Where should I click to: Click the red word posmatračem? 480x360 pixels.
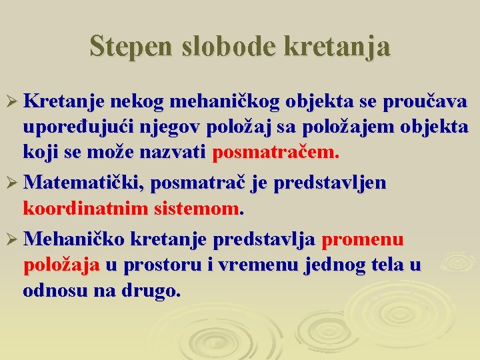tap(275, 153)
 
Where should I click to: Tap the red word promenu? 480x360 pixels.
tap(363, 239)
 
